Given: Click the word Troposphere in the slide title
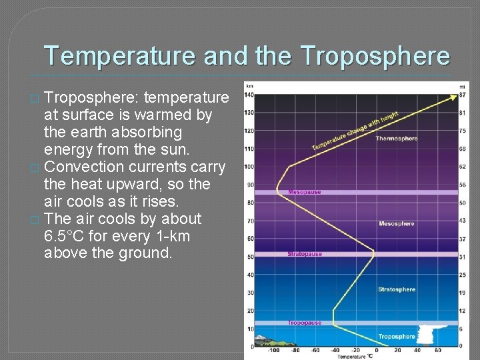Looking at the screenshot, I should coord(375,56).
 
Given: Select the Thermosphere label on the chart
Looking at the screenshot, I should coord(396,139).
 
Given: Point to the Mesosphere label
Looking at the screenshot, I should coord(397,224).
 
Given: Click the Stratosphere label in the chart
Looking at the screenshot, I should coord(396,289).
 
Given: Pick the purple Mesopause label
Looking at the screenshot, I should coord(304,192).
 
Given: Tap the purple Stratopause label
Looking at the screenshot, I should coord(305,254).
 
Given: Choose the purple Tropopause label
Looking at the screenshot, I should coord(304,323).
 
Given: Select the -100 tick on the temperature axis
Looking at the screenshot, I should coord(273,350).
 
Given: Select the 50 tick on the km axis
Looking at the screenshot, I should coord(250,257).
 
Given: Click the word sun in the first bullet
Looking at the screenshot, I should coord(157,149).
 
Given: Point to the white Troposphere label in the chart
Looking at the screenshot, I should coord(396,337).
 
